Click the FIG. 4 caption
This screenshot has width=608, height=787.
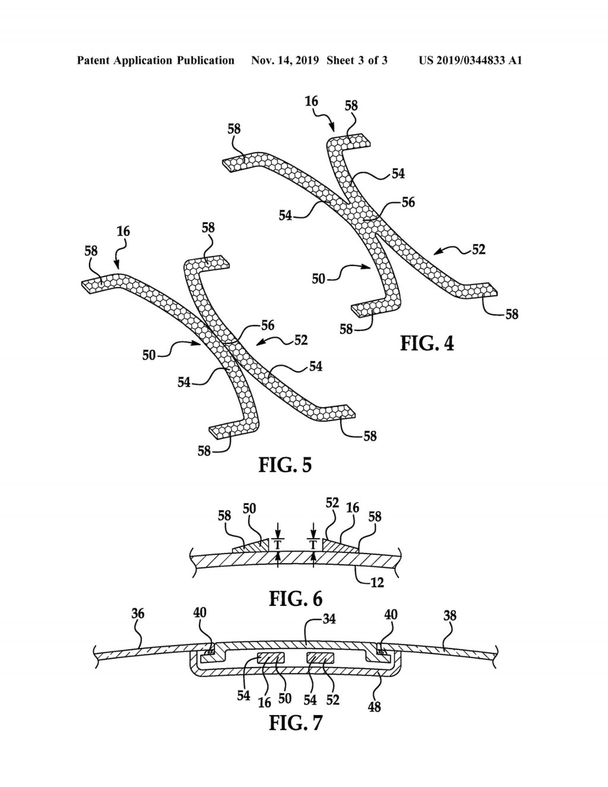[427, 343]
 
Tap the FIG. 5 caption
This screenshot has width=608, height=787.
[285, 464]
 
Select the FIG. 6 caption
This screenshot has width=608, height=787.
[296, 598]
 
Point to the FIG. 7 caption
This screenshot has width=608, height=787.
[296, 723]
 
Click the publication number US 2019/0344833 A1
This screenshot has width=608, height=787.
[470, 61]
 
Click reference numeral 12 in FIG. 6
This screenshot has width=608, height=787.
[376, 583]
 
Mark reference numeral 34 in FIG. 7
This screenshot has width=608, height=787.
[328, 619]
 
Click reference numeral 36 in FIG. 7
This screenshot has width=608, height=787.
[138, 614]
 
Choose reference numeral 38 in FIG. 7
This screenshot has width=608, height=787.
[449, 615]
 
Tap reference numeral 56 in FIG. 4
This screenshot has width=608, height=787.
[408, 203]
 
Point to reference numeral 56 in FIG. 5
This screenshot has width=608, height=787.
[268, 325]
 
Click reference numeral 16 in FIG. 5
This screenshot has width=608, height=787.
[123, 231]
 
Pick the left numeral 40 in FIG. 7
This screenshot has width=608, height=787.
[200, 613]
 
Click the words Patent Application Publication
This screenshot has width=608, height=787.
[156, 61]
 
